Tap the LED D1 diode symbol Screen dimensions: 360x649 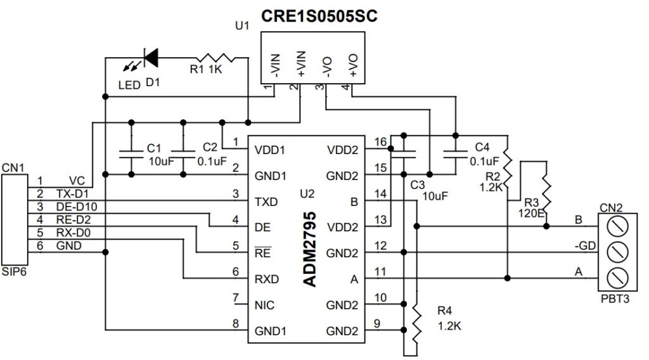tap(150, 58)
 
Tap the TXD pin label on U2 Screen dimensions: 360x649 tap(266, 202)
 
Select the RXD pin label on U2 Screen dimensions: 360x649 tap(266, 279)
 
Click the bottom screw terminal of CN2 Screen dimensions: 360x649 tap(614, 278)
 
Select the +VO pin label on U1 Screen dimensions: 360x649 tap(352, 65)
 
